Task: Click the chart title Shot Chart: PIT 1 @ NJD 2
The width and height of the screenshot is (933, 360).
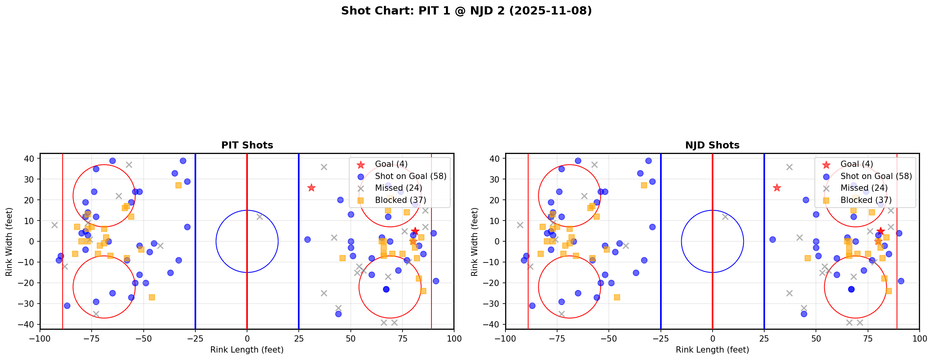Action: (466, 11)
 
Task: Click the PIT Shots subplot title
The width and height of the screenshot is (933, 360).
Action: (247, 145)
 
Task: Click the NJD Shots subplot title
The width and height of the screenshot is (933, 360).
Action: (712, 145)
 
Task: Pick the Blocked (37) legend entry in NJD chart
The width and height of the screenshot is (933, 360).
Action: (866, 200)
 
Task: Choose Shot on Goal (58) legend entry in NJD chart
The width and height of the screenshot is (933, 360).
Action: (876, 176)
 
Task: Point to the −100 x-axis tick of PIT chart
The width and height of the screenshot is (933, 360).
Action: (40, 338)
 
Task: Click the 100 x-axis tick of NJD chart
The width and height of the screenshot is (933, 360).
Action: (919, 338)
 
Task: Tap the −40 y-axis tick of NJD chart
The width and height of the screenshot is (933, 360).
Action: (494, 324)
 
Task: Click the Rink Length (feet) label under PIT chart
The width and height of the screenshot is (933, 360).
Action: (247, 350)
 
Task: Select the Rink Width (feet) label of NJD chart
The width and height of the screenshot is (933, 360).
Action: (475, 242)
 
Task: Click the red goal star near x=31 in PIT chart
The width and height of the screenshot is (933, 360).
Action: (311, 188)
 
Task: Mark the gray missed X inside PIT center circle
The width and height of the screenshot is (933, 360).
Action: (260, 217)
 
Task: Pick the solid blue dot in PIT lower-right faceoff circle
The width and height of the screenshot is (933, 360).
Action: (386, 289)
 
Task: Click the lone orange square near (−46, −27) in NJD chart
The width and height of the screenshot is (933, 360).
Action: (617, 297)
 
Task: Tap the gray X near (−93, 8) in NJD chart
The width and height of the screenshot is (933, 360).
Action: (520, 225)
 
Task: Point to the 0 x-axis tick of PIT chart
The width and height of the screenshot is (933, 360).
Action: (247, 338)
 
